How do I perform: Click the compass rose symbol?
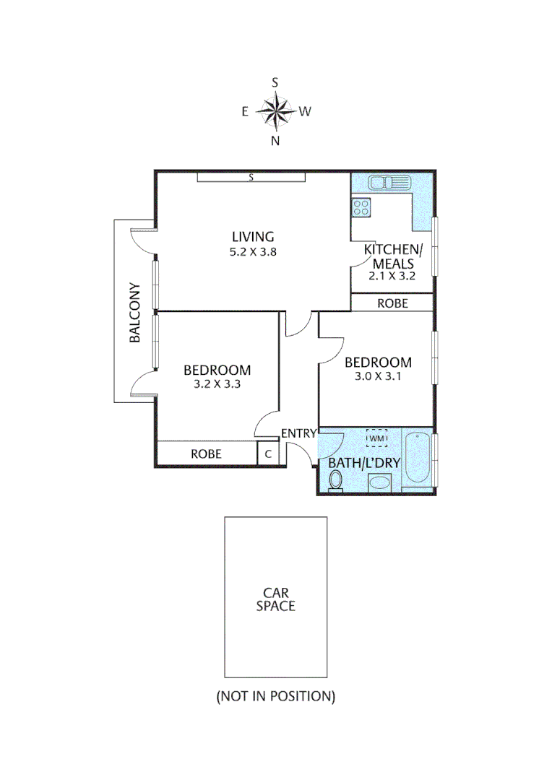[275, 111]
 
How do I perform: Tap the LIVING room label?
[253, 236]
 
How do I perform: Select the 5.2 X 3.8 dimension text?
[253, 252]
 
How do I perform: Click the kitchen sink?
[389, 183]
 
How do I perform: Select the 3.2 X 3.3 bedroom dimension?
[217, 384]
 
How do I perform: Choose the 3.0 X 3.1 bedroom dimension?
[377, 377]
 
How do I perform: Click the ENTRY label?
[298, 433]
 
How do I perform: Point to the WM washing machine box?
[377, 438]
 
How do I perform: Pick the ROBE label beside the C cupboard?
[206, 454]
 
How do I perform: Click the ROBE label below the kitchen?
[392, 303]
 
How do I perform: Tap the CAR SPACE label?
[275, 599]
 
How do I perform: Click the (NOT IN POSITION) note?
[275, 697]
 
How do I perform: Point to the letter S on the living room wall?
[251, 177]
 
